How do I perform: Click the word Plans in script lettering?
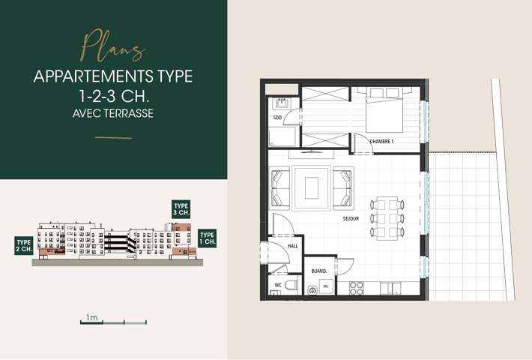113,46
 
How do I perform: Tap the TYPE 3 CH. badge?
181,209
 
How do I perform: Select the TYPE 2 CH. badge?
23,245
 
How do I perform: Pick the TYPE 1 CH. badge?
207,239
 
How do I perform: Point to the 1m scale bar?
113,322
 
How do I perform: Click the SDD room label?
276,118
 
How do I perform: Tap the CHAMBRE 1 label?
381,141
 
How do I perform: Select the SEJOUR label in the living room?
351,219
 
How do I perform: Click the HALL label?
292,245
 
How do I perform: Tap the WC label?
277,285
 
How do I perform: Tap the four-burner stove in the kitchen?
357,288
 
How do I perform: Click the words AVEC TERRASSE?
113,115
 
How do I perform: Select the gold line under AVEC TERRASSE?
113,138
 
